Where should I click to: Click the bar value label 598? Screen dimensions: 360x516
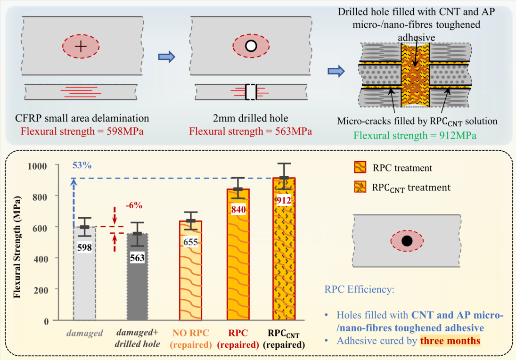[85, 247]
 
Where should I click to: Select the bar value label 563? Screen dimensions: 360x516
[138, 258]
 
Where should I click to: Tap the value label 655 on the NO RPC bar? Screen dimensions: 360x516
[190, 242]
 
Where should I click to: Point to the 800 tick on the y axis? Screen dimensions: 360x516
[43, 196]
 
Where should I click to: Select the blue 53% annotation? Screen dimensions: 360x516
[82, 165]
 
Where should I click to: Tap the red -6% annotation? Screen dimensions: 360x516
[134, 205]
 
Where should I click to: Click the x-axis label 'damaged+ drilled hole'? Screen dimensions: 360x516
[138, 339]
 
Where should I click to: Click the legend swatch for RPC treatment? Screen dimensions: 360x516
[360, 167]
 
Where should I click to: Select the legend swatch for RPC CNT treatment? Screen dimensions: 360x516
[360, 187]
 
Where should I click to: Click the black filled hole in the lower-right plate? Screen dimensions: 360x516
[407, 241]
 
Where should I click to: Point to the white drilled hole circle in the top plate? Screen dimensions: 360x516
[251, 46]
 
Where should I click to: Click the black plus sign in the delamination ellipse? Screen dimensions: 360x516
[81, 46]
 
